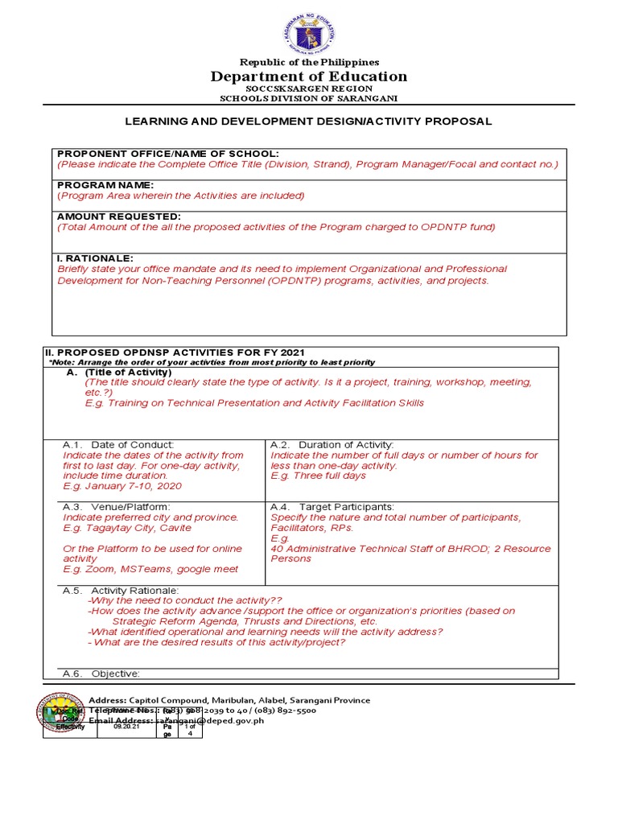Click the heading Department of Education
pos(309,76)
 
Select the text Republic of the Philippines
pos(309,62)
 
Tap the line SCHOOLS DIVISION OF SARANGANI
pos(309,98)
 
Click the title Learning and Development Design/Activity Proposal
pos(308,122)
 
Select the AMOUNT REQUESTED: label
pos(118,216)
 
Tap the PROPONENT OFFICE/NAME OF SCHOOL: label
pos(167,154)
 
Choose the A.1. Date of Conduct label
pos(118,444)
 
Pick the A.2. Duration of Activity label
pos(332,444)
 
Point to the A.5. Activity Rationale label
pos(126,591)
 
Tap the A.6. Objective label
pos(101,674)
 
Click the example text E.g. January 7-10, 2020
pos(122,486)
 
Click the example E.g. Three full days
pos(318,476)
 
